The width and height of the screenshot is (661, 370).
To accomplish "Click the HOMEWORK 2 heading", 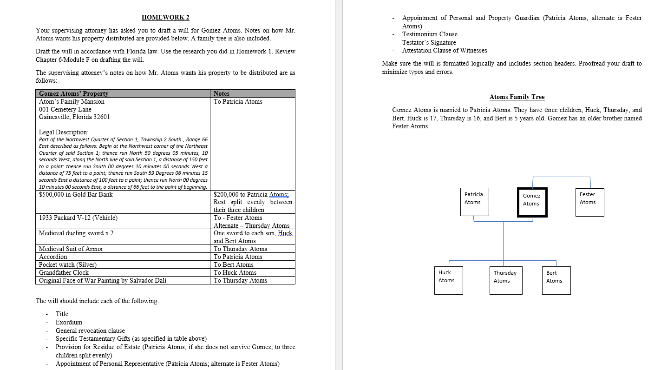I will (165, 18).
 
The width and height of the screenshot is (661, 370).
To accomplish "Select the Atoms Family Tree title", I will (517, 97).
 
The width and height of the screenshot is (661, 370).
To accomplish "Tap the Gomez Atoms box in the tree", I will (532, 202).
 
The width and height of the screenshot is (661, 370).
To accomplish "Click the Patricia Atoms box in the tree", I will (474, 202).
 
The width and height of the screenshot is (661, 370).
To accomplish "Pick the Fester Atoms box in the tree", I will (589, 202).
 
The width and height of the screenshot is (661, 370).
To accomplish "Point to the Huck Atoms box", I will (448, 280).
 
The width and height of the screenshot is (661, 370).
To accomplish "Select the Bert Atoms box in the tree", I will (556, 280).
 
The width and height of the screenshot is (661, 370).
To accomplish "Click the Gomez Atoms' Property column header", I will (74, 93).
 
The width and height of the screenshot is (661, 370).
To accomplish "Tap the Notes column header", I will (222, 93).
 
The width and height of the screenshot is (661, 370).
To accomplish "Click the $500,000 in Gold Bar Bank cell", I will (76, 194).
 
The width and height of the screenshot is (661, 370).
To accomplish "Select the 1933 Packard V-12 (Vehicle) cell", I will (78, 218).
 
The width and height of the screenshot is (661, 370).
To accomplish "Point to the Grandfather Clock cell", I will (64, 272).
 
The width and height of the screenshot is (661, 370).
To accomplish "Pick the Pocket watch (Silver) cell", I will (68, 264).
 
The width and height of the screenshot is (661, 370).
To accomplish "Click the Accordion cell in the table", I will (53, 257).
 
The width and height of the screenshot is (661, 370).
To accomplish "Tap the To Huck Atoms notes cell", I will (235, 272).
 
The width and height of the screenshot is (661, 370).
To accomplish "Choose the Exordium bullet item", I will (69, 322).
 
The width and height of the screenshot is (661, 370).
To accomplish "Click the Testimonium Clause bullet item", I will (430, 34).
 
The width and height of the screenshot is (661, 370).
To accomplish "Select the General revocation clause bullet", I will (90, 330).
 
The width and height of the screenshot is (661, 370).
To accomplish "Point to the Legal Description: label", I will (64, 132).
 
